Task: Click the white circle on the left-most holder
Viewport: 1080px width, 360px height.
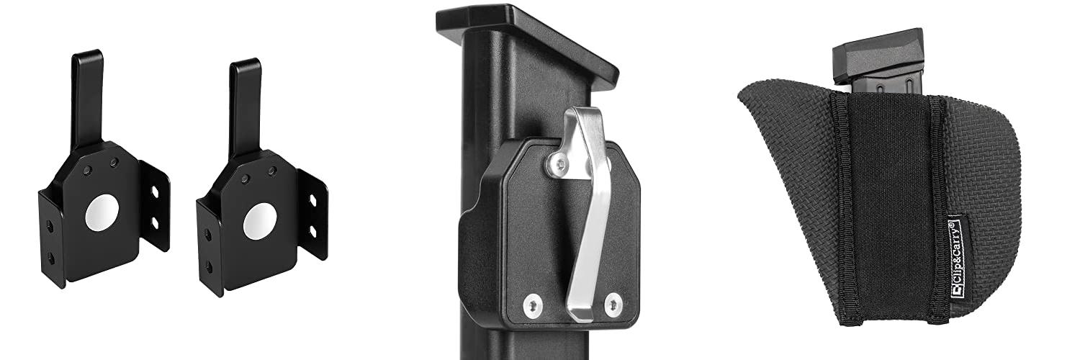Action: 102,213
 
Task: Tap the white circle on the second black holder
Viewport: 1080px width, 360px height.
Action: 260,221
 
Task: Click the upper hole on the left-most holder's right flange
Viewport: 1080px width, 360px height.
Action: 155,192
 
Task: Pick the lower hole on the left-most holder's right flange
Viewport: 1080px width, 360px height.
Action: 156,223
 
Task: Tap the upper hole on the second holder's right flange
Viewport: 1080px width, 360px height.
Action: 312,200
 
